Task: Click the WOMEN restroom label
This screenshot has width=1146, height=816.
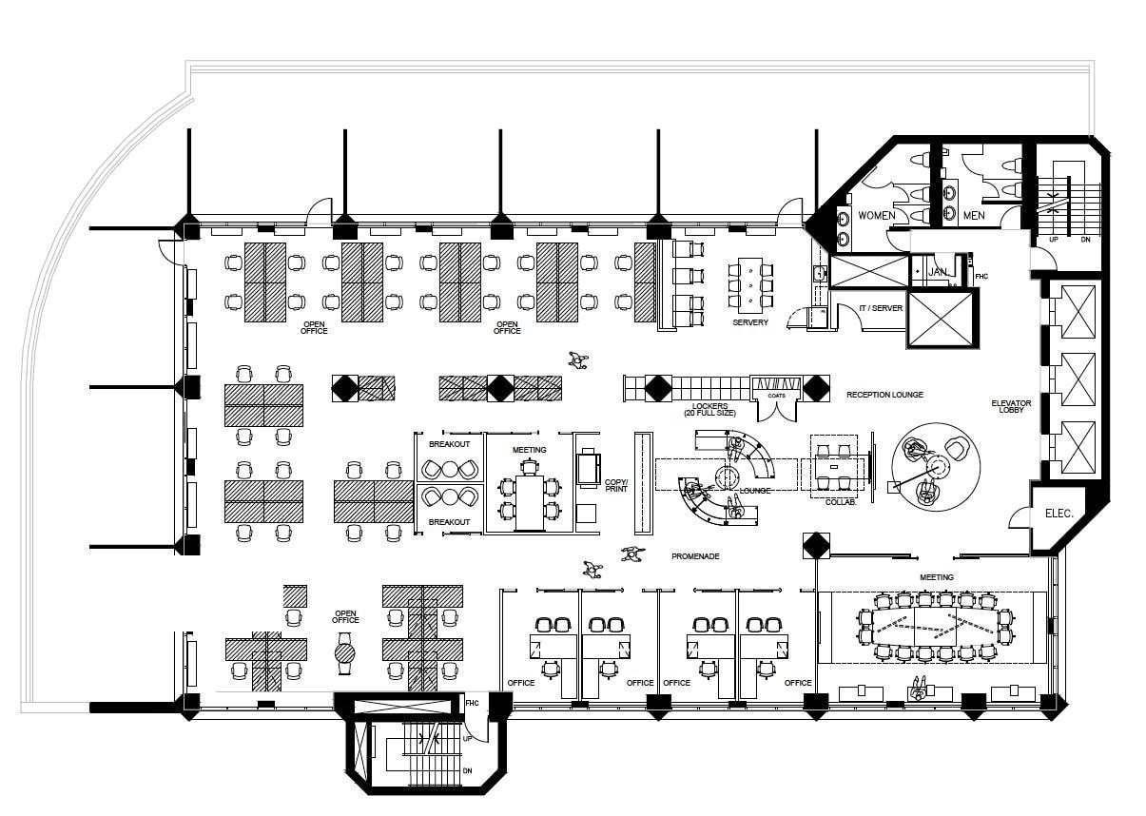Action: [x=876, y=216]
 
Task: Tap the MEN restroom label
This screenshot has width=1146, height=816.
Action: [x=973, y=216]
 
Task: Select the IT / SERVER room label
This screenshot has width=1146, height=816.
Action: [x=880, y=309]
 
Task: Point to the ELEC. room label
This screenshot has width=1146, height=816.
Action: [x=1059, y=514]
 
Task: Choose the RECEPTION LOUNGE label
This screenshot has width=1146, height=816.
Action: [x=884, y=395]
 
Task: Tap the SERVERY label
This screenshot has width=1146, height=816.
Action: [x=749, y=322]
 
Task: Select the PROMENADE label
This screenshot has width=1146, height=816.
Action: [x=694, y=556]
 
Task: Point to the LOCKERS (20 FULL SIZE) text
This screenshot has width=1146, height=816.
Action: [x=709, y=410]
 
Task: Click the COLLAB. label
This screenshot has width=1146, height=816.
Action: [x=841, y=502]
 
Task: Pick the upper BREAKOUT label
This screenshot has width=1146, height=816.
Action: [x=449, y=444]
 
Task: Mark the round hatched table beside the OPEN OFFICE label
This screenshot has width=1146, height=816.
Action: [x=344, y=653]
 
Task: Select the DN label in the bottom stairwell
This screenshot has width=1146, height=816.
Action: [x=467, y=771]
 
